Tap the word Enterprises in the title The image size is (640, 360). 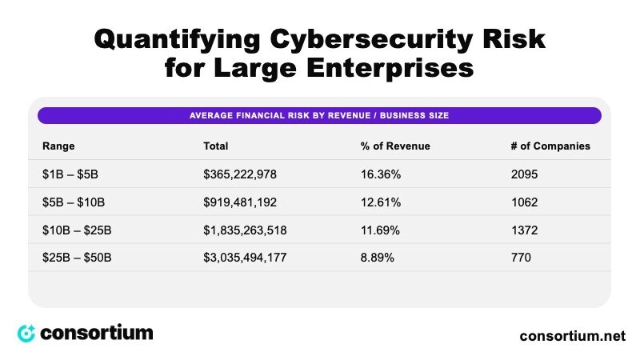tap(390, 68)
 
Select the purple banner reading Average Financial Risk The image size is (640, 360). tap(319, 115)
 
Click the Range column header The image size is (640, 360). tap(58, 146)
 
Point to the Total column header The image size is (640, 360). tap(215, 146)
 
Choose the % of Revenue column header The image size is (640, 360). tap(395, 146)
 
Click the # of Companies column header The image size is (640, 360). tap(550, 146)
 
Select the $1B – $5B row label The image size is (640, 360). tap(70, 174)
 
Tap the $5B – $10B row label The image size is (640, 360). tap(74, 202)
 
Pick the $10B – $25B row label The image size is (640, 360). tap(77, 230)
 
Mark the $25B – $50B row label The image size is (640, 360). tap(77, 258)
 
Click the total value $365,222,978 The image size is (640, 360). tap(240, 174)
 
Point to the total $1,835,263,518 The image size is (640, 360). tap(245, 230)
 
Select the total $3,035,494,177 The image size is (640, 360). tap(245, 258)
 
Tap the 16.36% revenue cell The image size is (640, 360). tap(381, 174)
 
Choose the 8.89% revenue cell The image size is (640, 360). tap(377, 258)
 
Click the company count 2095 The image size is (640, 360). tap(524, 174)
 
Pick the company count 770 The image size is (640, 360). tap(521, 258)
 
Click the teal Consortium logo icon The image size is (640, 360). tap(26, 334)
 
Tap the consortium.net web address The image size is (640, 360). tap(572, 336)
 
